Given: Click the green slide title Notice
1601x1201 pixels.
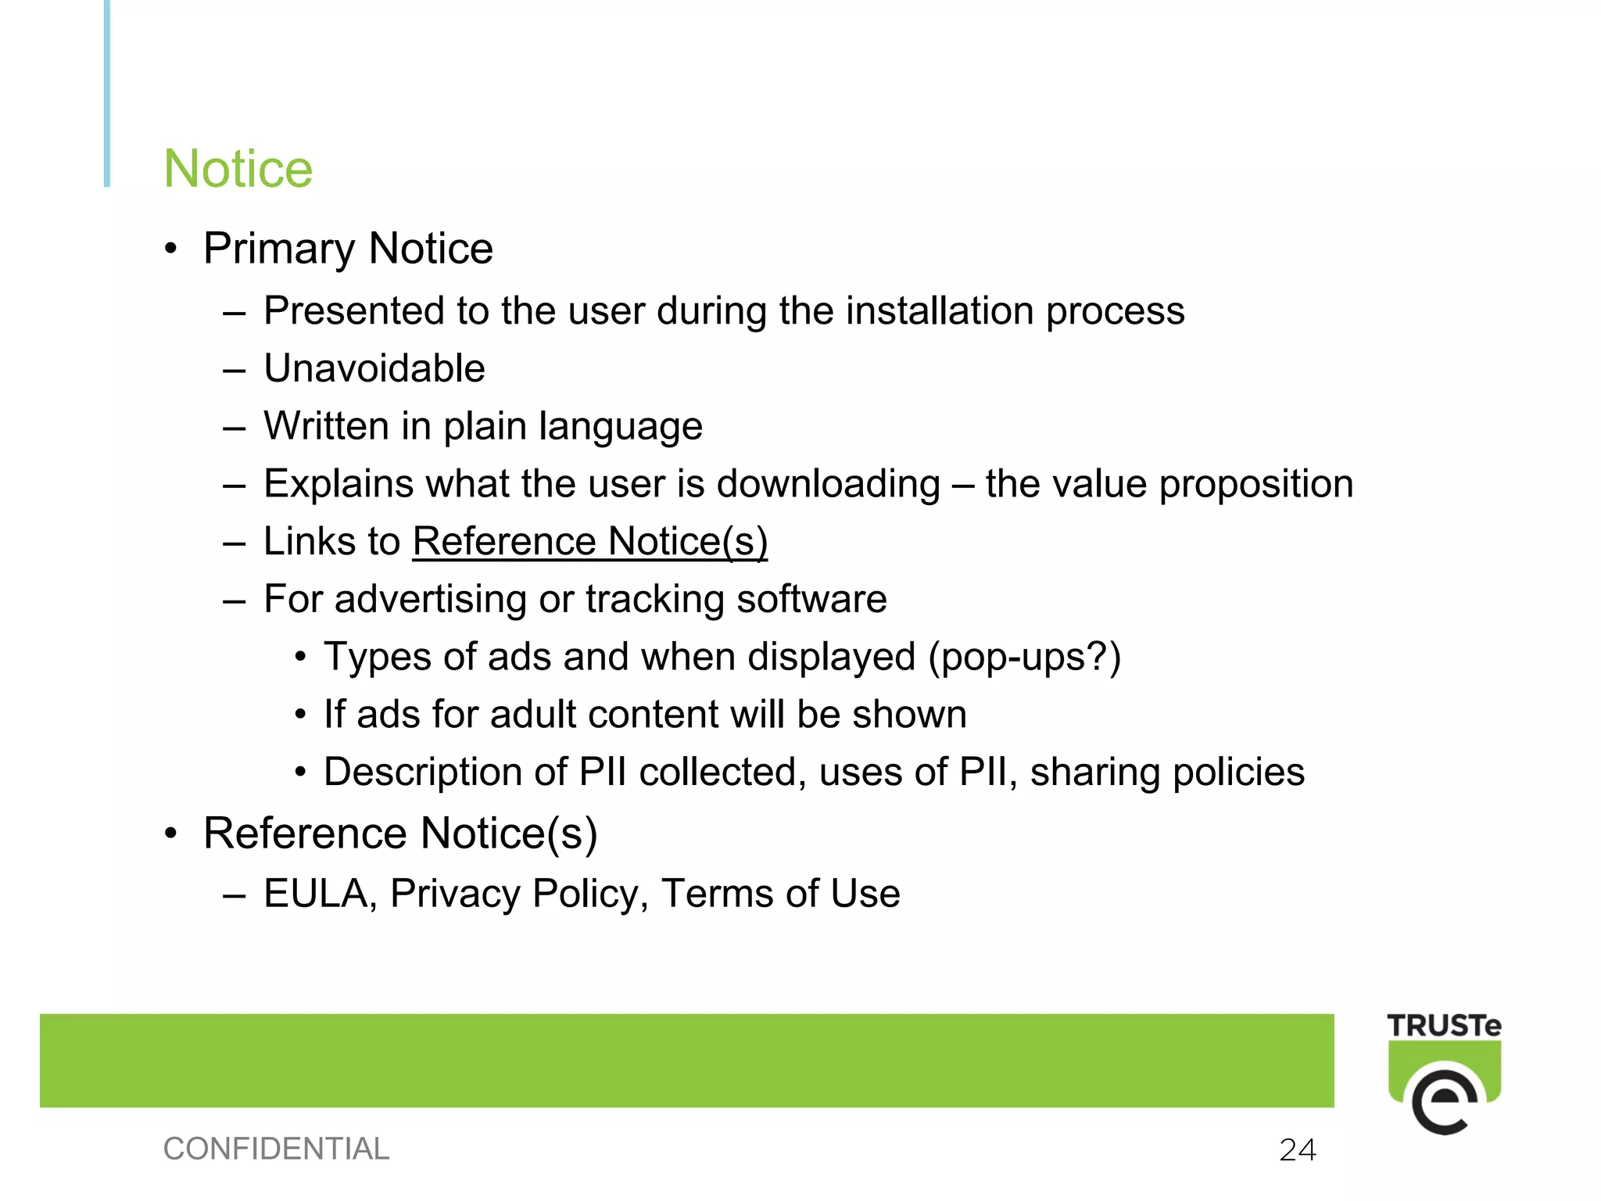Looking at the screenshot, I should (238, 169).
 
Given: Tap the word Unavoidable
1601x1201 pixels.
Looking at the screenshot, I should (374, 368).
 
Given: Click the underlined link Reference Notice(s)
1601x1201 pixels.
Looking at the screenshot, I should (590, 541).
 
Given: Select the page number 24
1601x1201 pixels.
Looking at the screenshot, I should (1298, 1149).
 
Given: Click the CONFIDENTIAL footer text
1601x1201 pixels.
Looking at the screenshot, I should (276, 1149).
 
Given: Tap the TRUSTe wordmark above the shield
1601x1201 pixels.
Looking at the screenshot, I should (1444, 1026).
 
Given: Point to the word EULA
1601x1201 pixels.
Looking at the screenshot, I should (314, 894).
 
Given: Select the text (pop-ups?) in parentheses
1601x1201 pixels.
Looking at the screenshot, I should (1024, 657).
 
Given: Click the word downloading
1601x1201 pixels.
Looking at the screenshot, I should (828, 484).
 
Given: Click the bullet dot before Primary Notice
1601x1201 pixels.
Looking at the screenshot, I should (171, 249).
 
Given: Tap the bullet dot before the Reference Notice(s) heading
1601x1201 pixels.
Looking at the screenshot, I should (171, 834).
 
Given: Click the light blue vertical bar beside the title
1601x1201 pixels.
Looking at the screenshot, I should (107, 94).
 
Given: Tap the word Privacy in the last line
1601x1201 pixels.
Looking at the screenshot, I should (454, 894).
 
